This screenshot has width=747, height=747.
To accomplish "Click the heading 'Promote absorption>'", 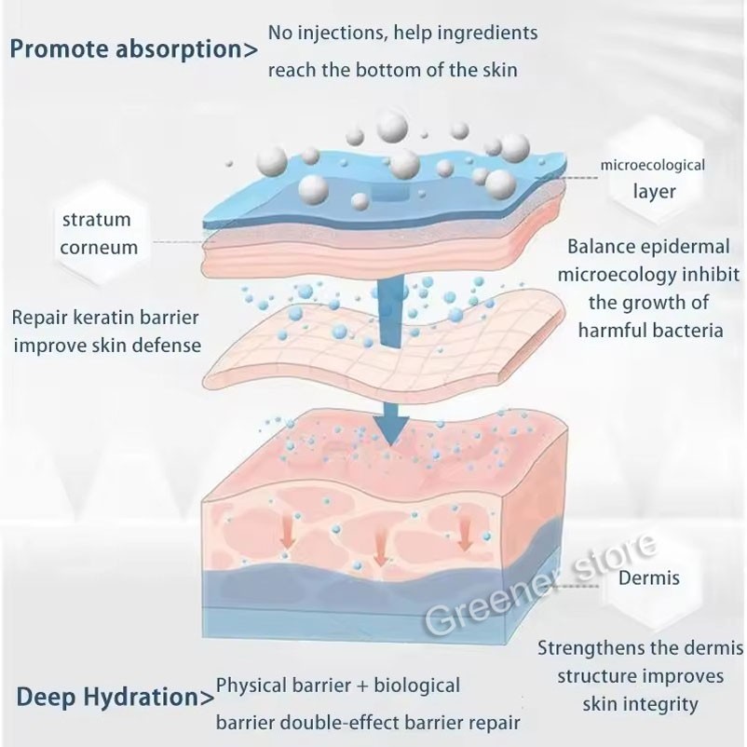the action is tap(134, 50).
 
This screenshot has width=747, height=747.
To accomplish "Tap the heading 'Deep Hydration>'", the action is tap(115, 698).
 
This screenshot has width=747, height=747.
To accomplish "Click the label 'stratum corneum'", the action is tap(98, 234).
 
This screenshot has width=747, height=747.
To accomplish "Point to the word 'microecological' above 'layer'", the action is tap(652, 165).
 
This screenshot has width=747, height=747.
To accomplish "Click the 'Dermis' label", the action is tap(649, 577).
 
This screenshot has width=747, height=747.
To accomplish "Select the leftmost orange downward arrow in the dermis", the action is tap(287, 537).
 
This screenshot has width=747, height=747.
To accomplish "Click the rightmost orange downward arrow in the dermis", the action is tap(465, 533).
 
